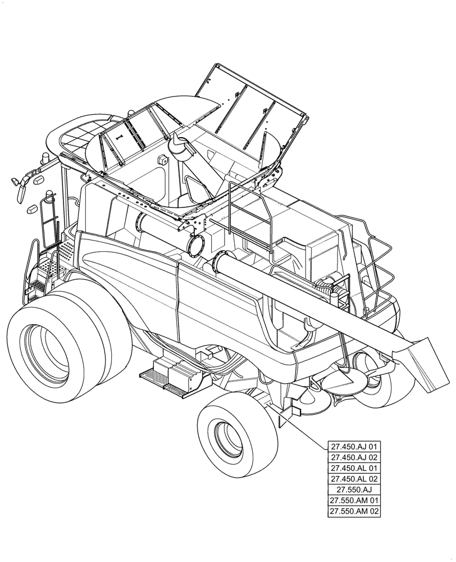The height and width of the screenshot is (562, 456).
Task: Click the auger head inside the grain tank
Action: [181, 147]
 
